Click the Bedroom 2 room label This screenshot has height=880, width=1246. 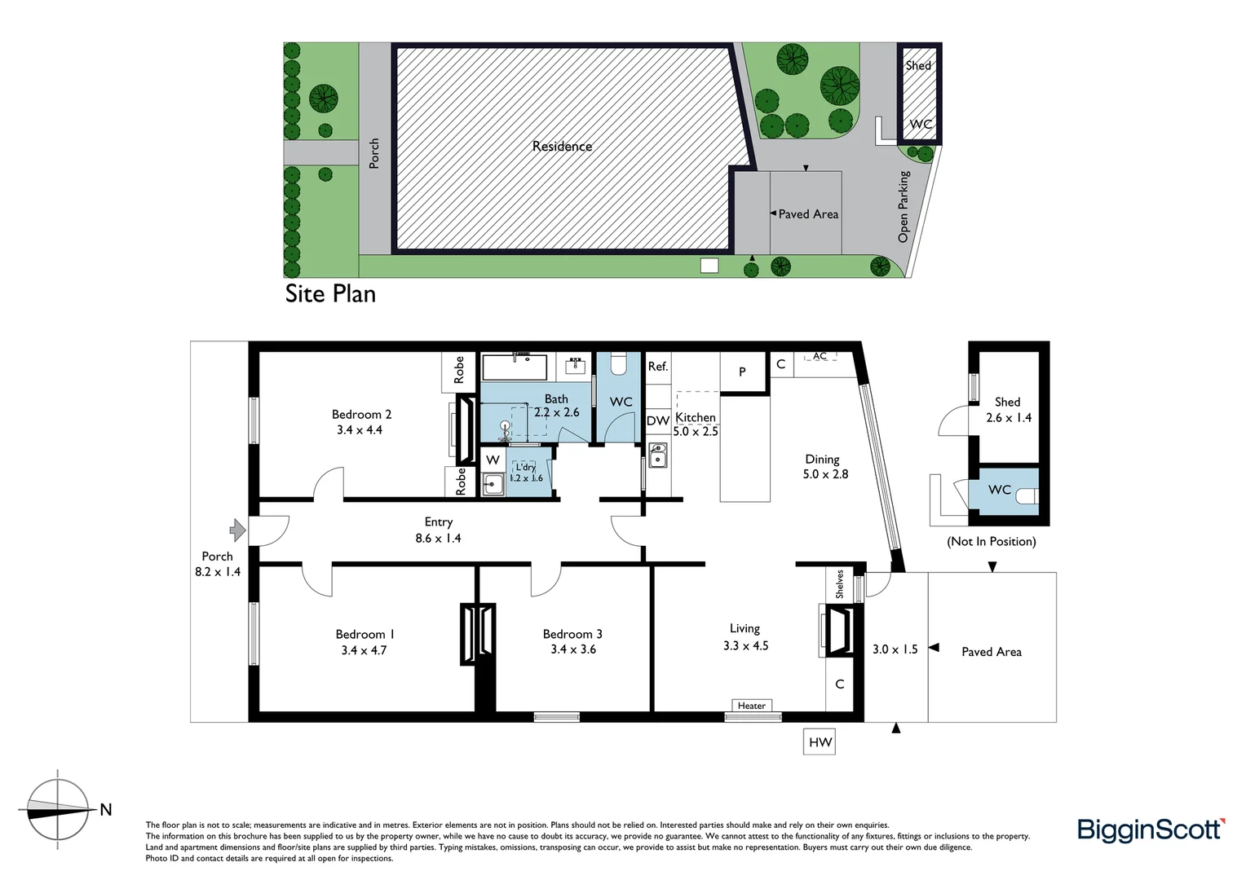[x=361, y=414]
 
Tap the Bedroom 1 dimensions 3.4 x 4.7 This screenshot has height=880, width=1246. [x=364, y=650]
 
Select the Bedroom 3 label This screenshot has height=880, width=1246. [x=572, y=634]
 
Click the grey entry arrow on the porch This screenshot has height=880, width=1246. [x=237, y=530]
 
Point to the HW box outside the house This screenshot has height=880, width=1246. [x=820, y=741]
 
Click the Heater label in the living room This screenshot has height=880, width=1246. [x=751, y=706]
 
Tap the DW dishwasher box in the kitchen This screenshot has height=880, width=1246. [x=657, y=420]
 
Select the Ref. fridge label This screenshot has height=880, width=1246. [x=657, y=367]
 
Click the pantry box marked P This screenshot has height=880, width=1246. [x=742, y=372]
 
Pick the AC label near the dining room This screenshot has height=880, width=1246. [x=820, y=356]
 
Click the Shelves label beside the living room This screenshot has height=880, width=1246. [x=840, y=583]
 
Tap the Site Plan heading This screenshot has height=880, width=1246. [x=330, y=293]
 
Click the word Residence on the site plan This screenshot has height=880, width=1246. [x=562, y=147]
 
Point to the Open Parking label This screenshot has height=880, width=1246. [x=904, y=206]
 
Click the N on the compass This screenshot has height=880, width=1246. [x=105, y=809]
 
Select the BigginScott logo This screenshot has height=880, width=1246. [x=1151, y=829]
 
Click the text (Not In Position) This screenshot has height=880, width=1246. [x=991, y=541]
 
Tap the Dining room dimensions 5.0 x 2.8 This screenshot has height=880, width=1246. [x=825, y=474]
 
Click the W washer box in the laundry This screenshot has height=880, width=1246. [x=493, y=460]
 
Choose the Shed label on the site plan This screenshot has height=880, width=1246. [x=918, y=65]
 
